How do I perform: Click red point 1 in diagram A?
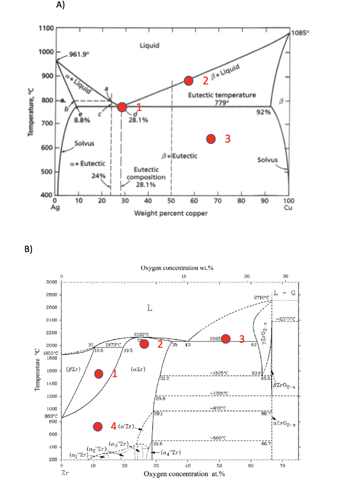pos(122,107)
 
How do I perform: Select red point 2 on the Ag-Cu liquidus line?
pos(189,81)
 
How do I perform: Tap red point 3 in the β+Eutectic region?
pos(211,139)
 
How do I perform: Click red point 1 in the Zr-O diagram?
pos(99,374)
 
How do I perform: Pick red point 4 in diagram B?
pos(98,427)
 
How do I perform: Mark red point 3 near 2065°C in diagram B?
pos(226,339)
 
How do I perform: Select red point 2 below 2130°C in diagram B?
pos(144,344)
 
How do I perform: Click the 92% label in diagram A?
pos(264,112)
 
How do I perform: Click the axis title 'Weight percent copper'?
pos(170,213)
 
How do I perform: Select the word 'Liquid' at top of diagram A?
pos(149,45)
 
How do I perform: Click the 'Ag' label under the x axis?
pos(56,208)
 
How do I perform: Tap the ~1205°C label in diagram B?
pos(219,393)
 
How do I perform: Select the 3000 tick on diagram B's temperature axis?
pos(50,282)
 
